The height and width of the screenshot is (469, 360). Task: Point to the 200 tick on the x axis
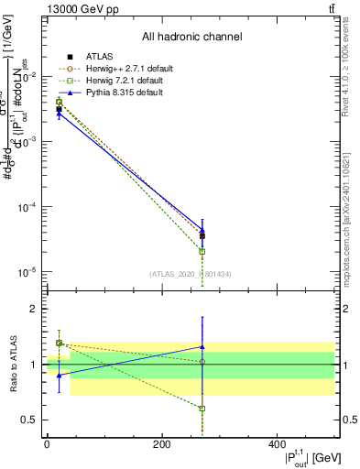click(161, 444)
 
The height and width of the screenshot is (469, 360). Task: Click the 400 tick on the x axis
click(276, 444)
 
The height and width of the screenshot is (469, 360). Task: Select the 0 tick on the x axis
click(47, 444)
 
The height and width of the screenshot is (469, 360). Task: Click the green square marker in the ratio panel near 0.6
click(202, 409)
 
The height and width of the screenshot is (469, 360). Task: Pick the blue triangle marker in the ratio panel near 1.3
click(202, 347)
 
